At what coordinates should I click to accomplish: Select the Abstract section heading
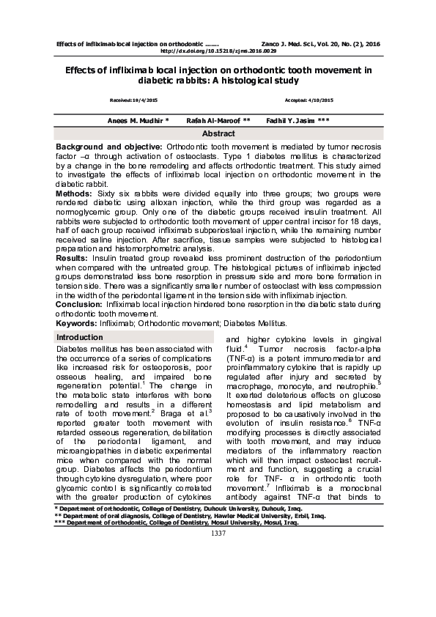218,134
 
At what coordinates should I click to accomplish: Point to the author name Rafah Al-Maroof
218,119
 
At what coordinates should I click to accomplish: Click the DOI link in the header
218,52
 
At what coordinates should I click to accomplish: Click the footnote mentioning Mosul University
176,545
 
